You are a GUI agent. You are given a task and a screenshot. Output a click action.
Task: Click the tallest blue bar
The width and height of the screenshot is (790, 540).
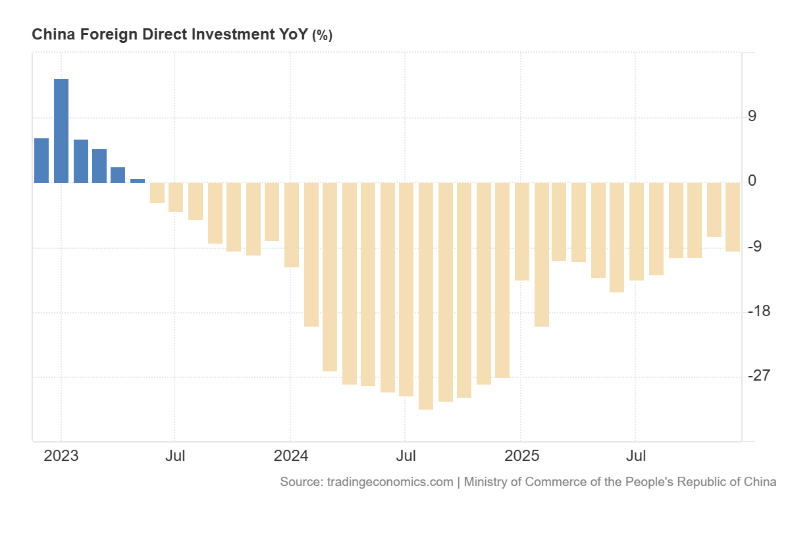click(61, 130)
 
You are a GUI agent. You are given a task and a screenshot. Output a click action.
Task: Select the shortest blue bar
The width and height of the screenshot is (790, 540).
click(138, 180)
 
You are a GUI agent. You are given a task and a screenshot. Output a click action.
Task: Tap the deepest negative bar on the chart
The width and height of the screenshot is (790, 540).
click(426, 296)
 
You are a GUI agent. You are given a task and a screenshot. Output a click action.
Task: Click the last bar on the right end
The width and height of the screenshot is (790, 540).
click(732, 217)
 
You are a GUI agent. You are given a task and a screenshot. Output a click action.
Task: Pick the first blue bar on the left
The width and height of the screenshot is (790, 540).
click(41, 160)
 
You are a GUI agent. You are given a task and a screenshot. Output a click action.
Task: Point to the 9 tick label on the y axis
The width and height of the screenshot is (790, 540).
click(752, 117)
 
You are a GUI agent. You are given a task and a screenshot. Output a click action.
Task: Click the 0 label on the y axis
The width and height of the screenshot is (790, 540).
click(752, 181)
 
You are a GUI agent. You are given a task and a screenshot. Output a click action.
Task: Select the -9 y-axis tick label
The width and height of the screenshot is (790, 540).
click(754, 246)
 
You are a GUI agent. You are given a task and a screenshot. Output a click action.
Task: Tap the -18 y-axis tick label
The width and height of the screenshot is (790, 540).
click(758, 311)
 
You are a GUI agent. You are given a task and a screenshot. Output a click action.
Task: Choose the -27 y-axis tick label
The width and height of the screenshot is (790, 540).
click(758, 375)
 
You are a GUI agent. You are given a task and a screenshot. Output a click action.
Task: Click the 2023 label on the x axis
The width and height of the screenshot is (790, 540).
click(61, 456)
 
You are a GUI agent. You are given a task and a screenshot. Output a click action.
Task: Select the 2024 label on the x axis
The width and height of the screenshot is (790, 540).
click(290, 456)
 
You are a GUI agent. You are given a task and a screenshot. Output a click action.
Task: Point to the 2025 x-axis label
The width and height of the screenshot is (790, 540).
click(521, 456)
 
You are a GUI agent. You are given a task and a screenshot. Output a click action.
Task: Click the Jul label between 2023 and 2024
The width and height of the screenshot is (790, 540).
click(174, 456)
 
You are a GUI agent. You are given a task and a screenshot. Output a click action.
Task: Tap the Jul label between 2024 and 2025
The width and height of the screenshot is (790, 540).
click(405, 456)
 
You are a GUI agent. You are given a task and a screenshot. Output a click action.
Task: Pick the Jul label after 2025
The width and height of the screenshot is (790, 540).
click(635, 456)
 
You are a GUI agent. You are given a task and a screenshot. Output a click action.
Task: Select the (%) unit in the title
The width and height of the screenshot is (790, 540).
click(322, 36)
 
